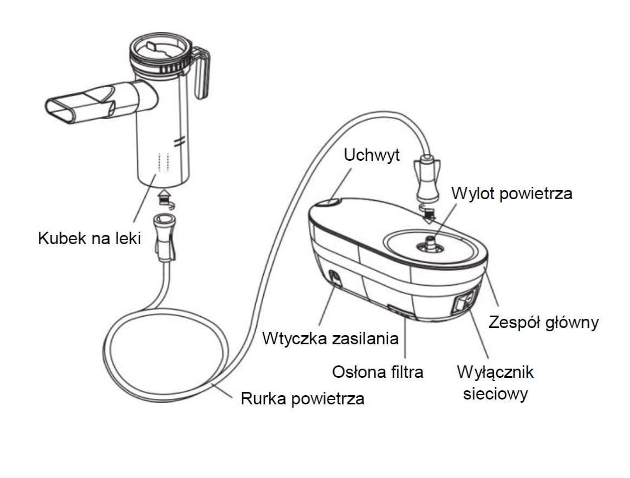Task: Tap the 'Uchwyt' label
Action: [x=372, y=155]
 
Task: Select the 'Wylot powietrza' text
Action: [x=512, y=193]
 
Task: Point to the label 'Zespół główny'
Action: [x=543, y=323]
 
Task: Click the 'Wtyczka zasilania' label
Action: [x=330, y=339]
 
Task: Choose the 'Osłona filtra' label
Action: [x=377, y=372]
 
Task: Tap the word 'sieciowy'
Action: [x=495, y=394]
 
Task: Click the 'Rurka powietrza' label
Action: [x=302, y=400]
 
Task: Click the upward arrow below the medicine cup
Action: [x=163, y=194]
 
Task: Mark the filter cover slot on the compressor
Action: [x=401, y=310]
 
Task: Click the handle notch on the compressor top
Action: [x=329, y=202]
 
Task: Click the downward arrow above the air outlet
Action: [x=428, y=214]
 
